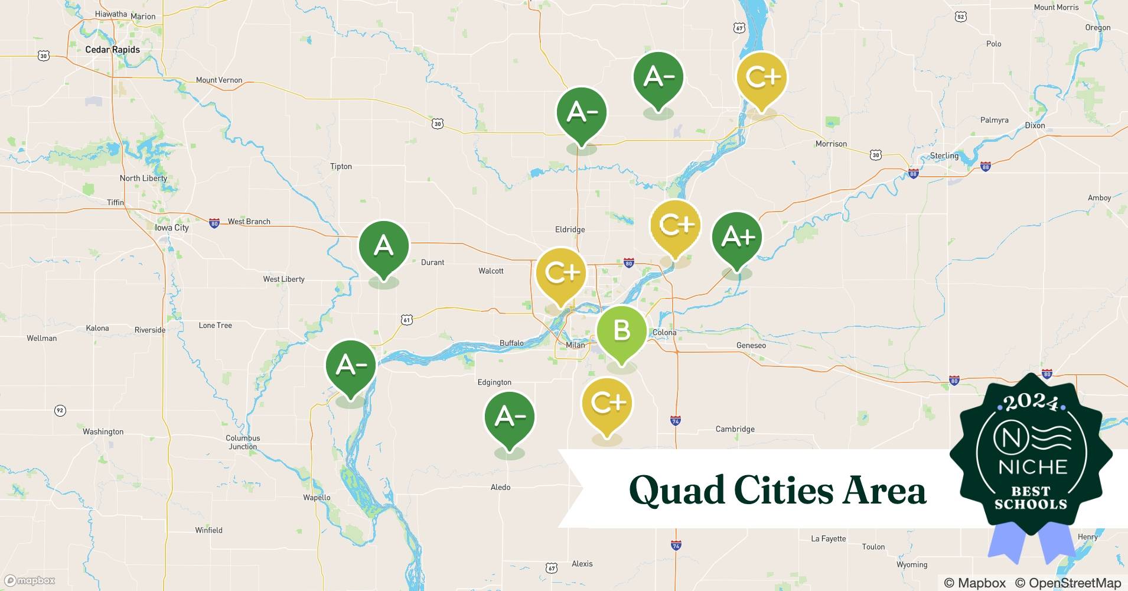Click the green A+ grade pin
coord(737,238)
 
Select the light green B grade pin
coord(621,331)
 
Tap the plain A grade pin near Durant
coord(384,246)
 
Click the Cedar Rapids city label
coord(112,50)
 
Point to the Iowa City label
coord(171,228)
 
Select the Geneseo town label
coord(751,345)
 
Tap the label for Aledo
coord(500,487)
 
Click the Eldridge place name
coord(570,229)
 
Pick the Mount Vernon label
coord(219,80)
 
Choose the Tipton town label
coord(341,167)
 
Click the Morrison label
coord(831,144)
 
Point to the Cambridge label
coord(735,429)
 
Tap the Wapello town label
coord(317,497)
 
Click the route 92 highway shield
coord(60,410)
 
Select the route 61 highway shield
coord(406,320)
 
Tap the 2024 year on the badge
coord(1031,402)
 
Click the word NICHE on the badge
coord(1032,467)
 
